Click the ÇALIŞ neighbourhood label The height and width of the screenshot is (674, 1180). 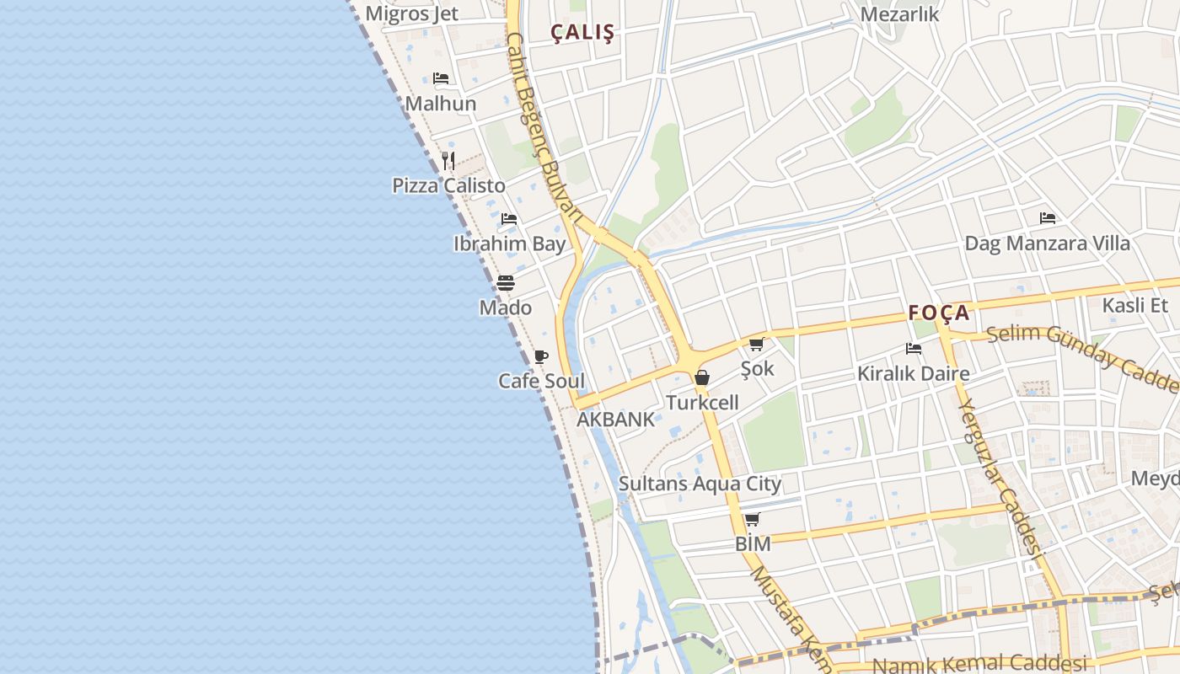582,32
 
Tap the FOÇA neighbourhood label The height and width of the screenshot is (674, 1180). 939,313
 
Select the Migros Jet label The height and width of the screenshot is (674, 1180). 411,13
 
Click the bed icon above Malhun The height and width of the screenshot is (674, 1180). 441,78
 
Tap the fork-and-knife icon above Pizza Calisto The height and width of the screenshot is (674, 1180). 448,160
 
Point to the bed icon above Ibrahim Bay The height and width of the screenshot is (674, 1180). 509,219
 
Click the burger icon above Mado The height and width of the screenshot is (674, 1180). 506,282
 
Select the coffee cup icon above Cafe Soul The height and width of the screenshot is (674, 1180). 541,356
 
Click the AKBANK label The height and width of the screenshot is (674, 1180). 615,420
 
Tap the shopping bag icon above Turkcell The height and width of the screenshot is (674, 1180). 701,377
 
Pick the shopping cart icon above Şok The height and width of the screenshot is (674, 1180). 756,344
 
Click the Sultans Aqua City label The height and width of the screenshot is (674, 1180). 700,484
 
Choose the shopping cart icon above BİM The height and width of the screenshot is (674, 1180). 752,519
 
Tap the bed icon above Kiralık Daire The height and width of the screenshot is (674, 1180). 913,348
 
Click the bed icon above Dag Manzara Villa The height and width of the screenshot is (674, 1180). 1048,218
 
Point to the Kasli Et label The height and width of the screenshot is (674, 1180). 1135,305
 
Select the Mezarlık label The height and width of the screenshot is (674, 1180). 899,14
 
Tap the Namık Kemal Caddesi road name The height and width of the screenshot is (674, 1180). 978,664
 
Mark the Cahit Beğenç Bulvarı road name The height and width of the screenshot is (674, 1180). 544,126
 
